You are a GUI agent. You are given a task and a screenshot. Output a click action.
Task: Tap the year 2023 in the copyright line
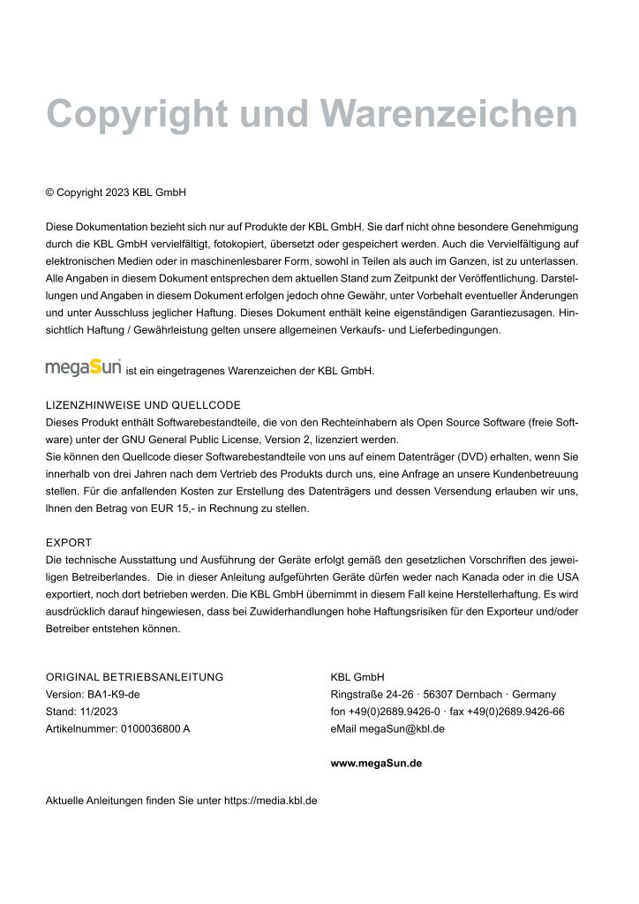tap(117, 192)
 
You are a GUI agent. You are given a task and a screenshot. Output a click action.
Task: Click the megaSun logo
tap(83, 365)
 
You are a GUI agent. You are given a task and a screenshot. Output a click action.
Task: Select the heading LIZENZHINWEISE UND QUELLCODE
tap(143, 405)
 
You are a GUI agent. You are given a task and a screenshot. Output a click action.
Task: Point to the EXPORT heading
tap(69, 542)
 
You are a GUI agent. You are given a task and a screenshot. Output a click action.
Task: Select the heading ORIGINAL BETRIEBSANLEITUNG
tap(134, 677)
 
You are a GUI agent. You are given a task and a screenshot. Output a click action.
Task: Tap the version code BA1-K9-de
tap(113, 694)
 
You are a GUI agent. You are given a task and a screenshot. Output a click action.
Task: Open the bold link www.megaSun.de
tap(376, 763)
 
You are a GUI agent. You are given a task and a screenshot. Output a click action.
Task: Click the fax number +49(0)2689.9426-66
tap(521, 711)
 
